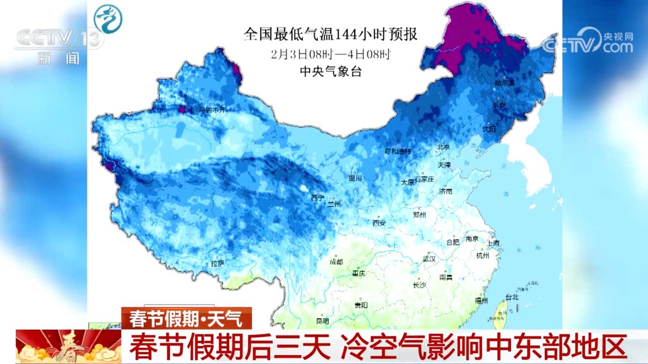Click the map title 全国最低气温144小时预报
point(331,34)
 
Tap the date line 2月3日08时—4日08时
point(331,54)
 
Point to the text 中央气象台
point(331,72)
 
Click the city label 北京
point(443,147)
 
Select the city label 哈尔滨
point(504,82)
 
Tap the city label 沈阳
point(490,130)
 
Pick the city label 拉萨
point(218,263)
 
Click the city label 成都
point(336,262)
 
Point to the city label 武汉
point(429,258)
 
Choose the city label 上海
point(493,244)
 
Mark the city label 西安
point(379,222)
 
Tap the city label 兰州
point(335,203)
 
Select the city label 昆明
point(322,321)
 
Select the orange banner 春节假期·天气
point(186,318)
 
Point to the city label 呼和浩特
point(398,152)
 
